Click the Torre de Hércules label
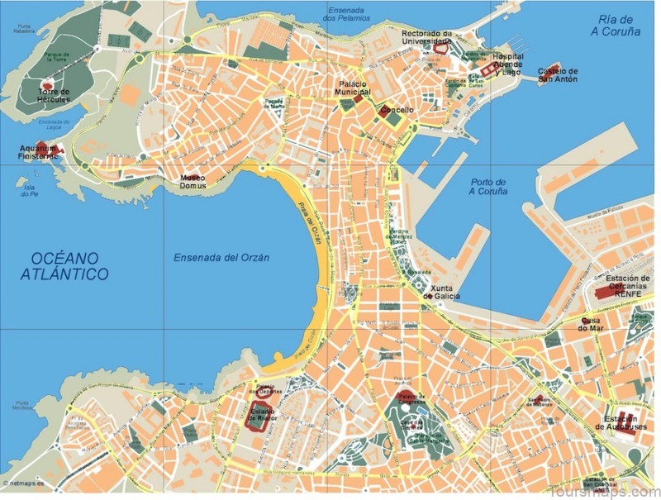tap(54, 95)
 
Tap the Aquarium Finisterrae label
tap(40, 153)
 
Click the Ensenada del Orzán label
tap(221, 258)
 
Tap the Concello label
tap(397, 110)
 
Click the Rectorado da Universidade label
tap(427, 37)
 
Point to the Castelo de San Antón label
tap(559, 76)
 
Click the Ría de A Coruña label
tap(616, 26)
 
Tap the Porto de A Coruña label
tap(487, 187)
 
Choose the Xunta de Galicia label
tap(442, 292)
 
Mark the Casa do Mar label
tap(590, 324)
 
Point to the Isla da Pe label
tap(30, 190)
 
